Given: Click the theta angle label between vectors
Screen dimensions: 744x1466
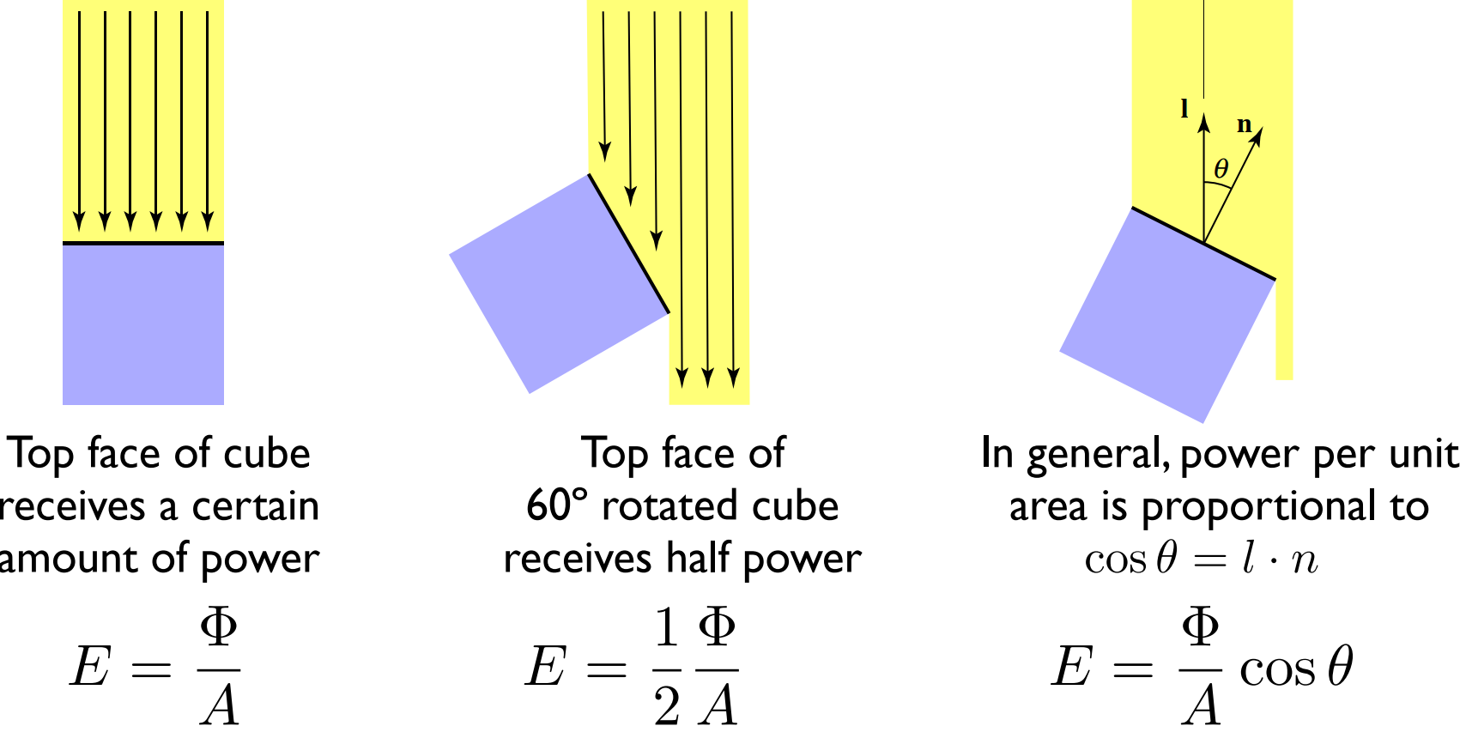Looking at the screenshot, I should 1221,169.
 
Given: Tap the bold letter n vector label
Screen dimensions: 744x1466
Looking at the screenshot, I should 1244,125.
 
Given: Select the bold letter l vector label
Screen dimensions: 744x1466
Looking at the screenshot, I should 1184,109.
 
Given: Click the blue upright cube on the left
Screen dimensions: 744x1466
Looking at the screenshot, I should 143,324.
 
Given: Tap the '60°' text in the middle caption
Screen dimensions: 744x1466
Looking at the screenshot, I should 556,506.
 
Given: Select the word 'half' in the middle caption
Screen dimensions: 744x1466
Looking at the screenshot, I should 700,559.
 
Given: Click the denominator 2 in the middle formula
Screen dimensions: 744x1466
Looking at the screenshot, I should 666,706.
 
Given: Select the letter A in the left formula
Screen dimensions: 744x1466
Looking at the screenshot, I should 220,706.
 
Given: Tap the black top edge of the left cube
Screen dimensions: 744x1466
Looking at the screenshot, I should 143,244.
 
